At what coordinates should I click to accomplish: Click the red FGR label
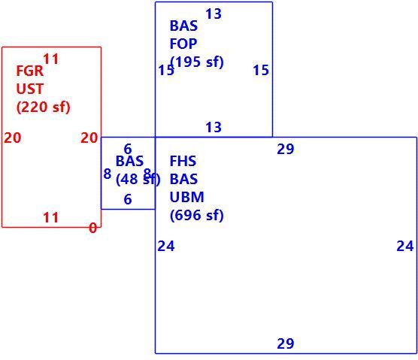30,71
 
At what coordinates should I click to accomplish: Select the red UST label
30,89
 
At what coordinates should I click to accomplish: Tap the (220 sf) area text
43,107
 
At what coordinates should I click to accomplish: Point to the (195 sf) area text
197,62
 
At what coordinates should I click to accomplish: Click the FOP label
183,44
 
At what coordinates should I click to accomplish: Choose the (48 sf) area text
138,179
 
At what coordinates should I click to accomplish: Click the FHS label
183,161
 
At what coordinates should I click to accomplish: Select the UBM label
187,197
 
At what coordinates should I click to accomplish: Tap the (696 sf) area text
197,215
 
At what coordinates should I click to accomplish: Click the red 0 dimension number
92,228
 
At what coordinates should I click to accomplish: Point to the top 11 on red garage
50,59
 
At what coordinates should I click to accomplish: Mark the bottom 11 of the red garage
50,217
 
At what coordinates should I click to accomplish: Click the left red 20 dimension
13,138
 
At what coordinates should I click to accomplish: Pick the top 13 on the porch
214,14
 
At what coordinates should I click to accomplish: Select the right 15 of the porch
261,71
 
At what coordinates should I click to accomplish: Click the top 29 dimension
286,149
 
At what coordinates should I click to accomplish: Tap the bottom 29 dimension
286,343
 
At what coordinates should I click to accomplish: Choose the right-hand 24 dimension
405,246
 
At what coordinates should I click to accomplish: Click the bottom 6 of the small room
128,199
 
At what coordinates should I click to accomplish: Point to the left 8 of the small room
108,174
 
